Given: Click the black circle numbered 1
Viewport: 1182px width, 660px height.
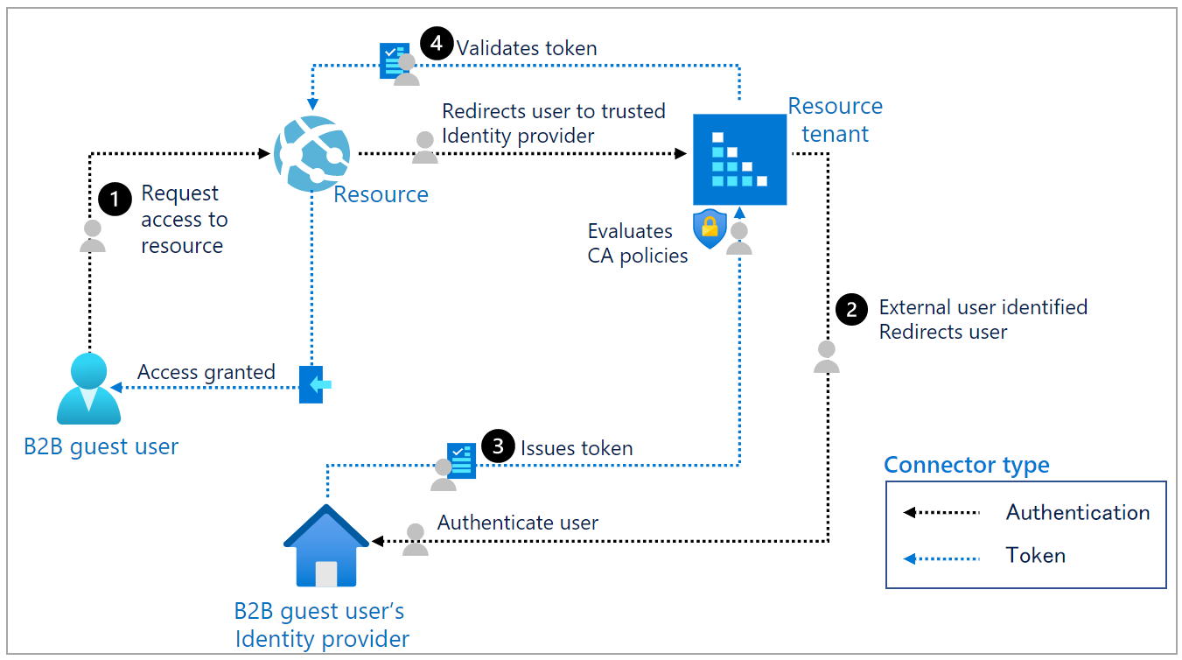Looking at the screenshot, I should pos(115,199).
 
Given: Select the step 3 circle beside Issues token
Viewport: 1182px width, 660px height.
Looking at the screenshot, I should pos(498,447).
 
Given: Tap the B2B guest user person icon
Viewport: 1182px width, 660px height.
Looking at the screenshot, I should pos(88,390).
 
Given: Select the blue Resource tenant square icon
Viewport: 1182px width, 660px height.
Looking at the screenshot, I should pos(739,159).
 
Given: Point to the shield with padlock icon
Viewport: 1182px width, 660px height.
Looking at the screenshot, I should pos(710,229).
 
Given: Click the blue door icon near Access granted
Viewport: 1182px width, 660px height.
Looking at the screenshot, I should pos(312,384).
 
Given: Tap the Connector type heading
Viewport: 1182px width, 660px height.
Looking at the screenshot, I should pos(966,465).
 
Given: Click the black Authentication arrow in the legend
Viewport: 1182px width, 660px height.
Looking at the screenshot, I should pos(941,513).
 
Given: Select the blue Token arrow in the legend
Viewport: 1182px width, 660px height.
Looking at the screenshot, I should pos(941,557).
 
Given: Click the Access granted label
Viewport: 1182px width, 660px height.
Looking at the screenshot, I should pos(206,373).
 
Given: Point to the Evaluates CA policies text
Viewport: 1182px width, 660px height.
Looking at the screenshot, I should pos(636,243).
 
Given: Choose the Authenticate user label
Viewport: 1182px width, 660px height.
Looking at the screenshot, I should pos(518,523).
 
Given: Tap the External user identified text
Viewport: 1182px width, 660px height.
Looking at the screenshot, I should pos(983,307).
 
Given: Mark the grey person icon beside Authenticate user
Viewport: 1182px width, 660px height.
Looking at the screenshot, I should pos(416,539).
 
